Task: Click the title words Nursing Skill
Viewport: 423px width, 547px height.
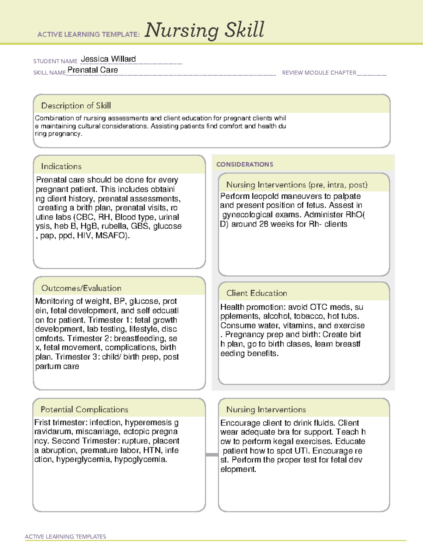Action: coord(204,30)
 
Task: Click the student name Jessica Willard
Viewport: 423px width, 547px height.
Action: coord(108,59)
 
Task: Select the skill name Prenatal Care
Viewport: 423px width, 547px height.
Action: coord(93,70)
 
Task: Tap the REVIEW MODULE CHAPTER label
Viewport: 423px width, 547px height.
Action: coord(319,73)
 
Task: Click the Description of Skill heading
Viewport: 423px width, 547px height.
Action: coord(76,106)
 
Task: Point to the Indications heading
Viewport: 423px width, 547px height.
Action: coord(61,166)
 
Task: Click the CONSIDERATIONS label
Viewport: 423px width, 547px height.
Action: coord(245,164)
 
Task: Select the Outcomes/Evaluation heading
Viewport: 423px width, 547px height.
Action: coord(81,288)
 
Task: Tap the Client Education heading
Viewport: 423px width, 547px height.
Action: coord(257,293)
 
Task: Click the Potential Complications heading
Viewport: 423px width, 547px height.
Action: coord(84,410)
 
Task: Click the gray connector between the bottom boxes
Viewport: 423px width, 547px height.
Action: coord(212,455)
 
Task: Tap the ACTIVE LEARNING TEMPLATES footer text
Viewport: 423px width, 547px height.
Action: coord(66,536)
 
